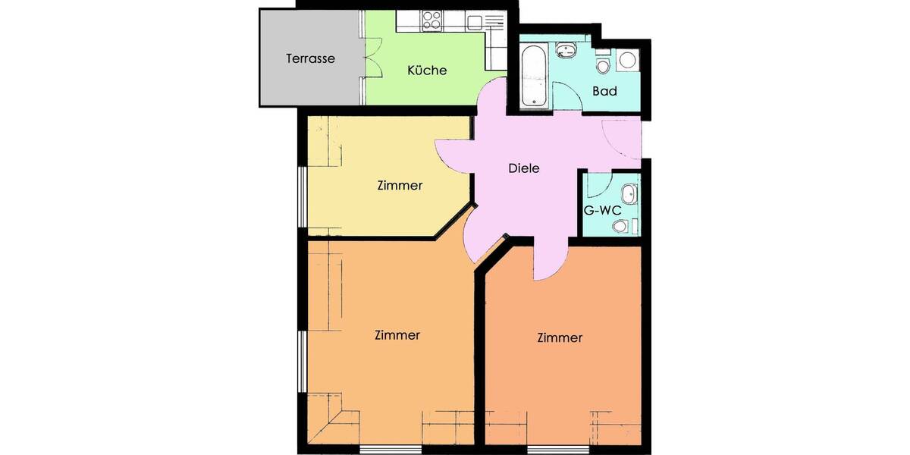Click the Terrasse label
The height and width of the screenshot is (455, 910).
point(310,58)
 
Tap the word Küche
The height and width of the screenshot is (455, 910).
point(427,71)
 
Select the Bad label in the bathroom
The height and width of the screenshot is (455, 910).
point(604,91)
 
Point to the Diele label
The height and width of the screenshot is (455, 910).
point(523,168)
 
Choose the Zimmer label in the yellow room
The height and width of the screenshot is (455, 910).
point(399,185)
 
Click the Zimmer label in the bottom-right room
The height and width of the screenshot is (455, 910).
point(560,337)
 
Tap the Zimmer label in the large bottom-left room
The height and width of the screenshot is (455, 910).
point(397,334)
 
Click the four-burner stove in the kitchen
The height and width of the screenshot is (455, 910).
point(432,20)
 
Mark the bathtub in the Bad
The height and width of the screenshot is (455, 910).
point(534,75)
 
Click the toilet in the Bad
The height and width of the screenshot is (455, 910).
point(603,65)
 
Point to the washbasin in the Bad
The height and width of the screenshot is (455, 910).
point(565,51)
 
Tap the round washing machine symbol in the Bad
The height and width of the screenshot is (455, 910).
point(627,60)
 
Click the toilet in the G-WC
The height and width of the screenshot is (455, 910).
point(621,225)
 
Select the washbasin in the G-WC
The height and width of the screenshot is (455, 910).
point(629,190)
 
